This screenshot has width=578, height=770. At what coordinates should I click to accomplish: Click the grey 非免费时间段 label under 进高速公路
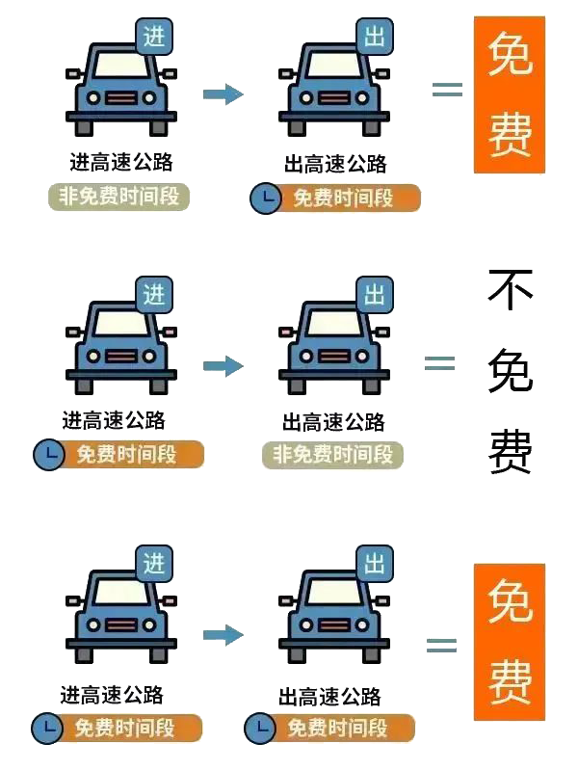(x=119, y=197)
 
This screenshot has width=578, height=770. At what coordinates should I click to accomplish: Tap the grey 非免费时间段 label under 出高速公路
(x=332, y=455)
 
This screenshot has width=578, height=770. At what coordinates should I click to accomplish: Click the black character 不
(x=510, y=290)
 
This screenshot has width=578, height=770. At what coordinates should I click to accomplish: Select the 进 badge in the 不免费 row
(x=154, y=295)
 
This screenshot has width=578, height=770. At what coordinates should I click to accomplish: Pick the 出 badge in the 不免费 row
(x=374, y=295)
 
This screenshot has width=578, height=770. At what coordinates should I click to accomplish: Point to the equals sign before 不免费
(x=439, y=363)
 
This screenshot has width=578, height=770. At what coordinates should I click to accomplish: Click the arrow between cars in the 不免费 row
(x=223, y=366)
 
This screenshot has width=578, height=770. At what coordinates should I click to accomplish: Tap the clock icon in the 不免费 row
(x=48, y=454)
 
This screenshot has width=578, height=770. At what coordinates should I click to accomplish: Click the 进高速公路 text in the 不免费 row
(x=114, y=420)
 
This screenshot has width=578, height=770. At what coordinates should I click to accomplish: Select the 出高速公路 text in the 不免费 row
(x=333, y=422)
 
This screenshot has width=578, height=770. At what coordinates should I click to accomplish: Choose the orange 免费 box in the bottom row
(x=509, y=642)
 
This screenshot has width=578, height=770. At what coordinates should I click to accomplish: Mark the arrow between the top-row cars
(x=223, y=93)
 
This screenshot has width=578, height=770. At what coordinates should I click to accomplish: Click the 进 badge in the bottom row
(x=154, y=563)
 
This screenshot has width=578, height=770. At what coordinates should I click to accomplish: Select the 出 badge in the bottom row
(x=374, y=563)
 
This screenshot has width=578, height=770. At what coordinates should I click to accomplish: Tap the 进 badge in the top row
(x=154, y=37)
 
